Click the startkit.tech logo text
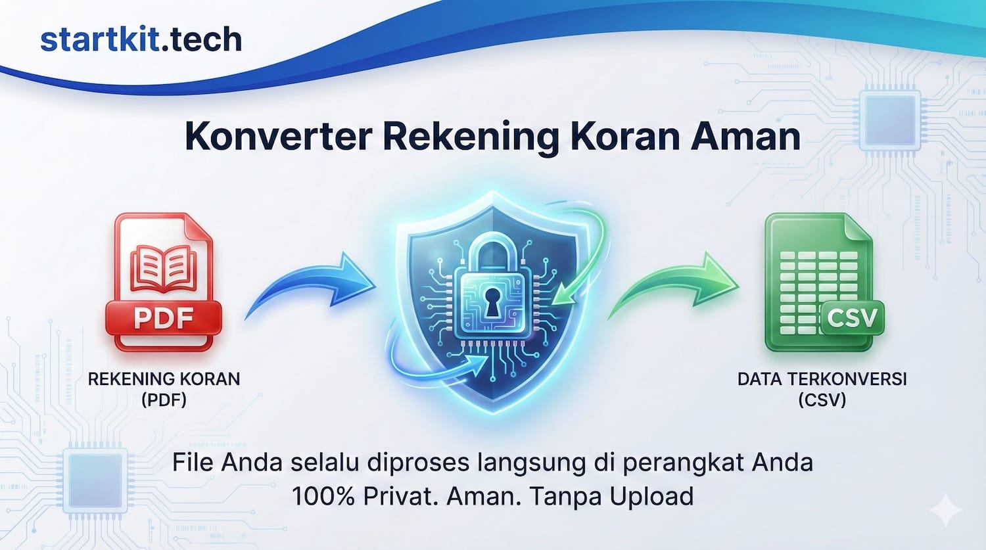point(141,39)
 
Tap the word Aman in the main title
point(745,136)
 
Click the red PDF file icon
point(162,283)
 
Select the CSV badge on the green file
point(852,318)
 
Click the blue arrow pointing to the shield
point(312,286)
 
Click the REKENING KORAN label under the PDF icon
point(164,379)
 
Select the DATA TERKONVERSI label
point(822,379)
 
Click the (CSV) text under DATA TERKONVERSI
point(822,400)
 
